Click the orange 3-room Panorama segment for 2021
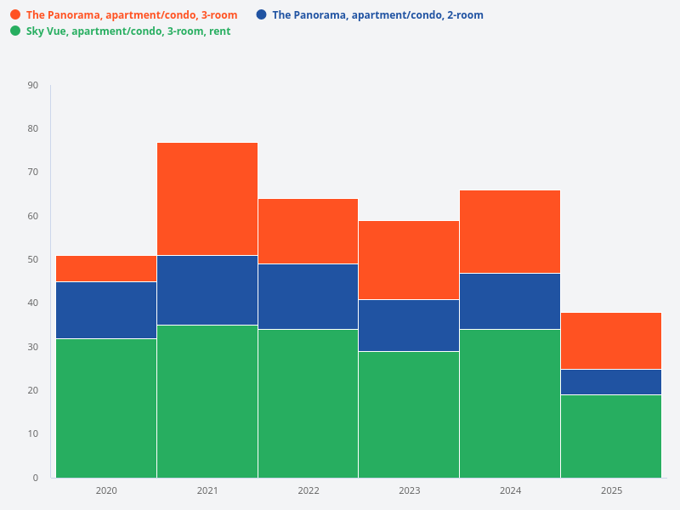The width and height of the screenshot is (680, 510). click(207, 199)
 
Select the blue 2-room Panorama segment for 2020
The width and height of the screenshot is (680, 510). click(106, 310)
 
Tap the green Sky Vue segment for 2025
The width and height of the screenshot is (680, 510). click(611, 436)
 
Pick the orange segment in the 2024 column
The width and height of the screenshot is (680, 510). click(510, 231)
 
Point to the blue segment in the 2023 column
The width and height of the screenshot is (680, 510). click(409, 326)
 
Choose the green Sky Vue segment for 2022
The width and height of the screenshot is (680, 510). click(308, 403)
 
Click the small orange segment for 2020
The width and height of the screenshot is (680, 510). click(106, 269)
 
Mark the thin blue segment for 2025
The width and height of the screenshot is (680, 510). click(611, 382)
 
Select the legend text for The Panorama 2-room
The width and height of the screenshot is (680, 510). click(377, 15)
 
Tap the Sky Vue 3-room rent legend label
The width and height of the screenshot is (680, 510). click(128, 31)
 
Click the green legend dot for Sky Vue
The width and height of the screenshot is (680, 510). click(15, 31)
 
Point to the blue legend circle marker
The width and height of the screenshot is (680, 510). click(262, 14)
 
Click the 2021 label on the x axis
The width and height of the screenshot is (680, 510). click(207, 490)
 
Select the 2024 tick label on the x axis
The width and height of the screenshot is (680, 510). click(510, 490)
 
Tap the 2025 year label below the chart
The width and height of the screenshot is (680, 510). click(611, 490)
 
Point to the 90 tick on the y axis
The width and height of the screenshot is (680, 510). click(33, 85)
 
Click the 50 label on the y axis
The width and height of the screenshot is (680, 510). click(33, 259)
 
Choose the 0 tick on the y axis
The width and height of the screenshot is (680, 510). click(36, 478)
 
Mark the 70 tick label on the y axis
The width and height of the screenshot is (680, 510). click(33, 173)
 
